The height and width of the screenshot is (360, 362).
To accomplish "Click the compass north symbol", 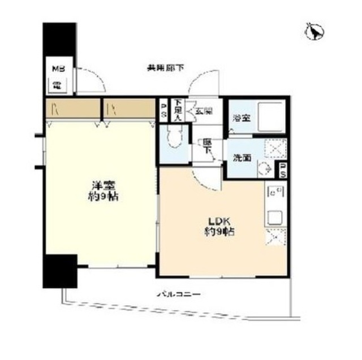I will [x=312, y=31].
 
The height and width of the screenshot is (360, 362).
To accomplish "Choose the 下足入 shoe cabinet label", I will [x=178, y=110].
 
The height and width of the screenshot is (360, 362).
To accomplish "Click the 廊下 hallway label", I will [x=208, y=148].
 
